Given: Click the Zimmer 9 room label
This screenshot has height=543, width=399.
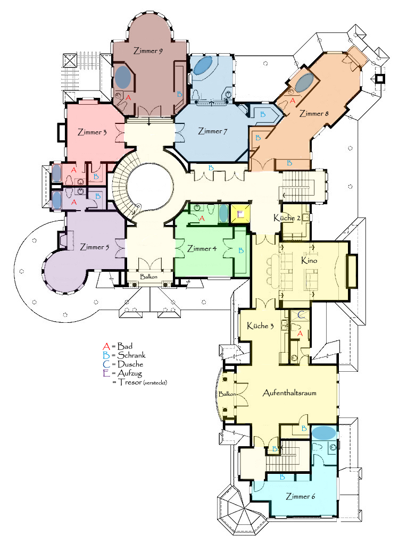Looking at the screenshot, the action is click(148, 51).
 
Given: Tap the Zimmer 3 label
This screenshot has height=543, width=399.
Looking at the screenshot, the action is click(92, 132).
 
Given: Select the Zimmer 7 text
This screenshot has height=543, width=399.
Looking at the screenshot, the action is click(212, 131).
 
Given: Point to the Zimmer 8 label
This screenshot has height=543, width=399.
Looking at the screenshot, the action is click(314, 113).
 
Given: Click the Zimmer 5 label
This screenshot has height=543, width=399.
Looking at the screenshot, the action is click(94, 247).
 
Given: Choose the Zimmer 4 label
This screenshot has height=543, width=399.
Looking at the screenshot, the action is click(202, 249).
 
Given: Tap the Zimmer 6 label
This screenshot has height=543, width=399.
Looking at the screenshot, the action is click(300, 496).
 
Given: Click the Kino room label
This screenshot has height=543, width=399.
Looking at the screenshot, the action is click(309, 260).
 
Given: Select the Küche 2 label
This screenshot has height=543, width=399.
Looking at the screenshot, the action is click(287, 218).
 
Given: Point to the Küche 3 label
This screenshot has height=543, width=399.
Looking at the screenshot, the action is click(260, 325).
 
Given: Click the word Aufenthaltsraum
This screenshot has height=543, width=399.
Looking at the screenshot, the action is click(289, 392).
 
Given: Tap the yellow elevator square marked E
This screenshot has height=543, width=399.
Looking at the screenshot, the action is click(240, 214).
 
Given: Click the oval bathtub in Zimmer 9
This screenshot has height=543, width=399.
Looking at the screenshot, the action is click(123, 77).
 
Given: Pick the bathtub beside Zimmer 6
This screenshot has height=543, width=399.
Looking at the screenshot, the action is click(324, 432).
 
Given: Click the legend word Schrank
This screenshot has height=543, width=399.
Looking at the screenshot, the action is click(131, 355).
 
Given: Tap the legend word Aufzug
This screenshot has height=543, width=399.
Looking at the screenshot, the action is click(129, 373).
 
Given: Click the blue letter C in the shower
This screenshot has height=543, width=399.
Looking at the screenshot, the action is click(301, 314).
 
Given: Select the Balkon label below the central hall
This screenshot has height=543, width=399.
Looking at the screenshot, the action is click(148, 277).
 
